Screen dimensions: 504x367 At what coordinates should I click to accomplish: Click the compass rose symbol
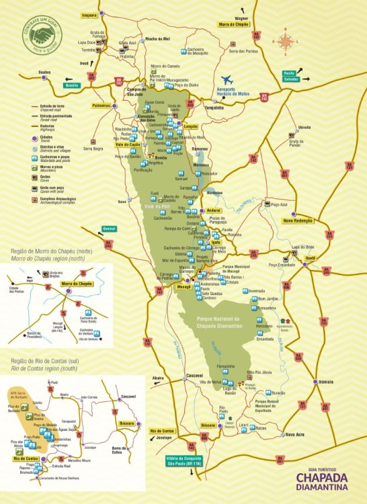tap(285, 42)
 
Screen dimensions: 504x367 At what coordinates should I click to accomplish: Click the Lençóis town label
tap(191, 126)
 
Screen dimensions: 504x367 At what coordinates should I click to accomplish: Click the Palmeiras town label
tap(100, 106)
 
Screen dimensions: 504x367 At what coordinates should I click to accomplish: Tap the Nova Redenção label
tap(298, 220)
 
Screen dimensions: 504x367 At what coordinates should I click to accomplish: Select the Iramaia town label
tap(325, 381)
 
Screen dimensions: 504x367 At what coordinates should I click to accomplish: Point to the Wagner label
tap(242, 18)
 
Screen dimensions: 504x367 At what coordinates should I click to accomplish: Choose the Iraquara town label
tap(89, 13)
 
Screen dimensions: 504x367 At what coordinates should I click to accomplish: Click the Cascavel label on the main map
tap(194, 375)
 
